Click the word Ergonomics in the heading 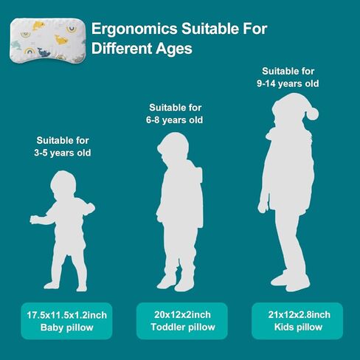click(134, 30)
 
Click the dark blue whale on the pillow click(44, 52)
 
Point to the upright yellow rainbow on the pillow click(30, 51)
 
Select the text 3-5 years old click(63, 153)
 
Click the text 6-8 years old click(174, 120)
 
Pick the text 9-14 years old click(288, 83)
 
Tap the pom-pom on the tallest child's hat click(312, 114)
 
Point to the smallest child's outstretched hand click(34, 220)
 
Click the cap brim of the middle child click(160, 148)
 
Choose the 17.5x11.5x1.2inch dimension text click(66, 315)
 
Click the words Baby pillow click(66, 328)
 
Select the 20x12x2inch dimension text click(182, 314)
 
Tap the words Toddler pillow click(183, 327)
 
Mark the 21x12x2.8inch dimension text click(299, 314)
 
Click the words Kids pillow click(298, 327)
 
